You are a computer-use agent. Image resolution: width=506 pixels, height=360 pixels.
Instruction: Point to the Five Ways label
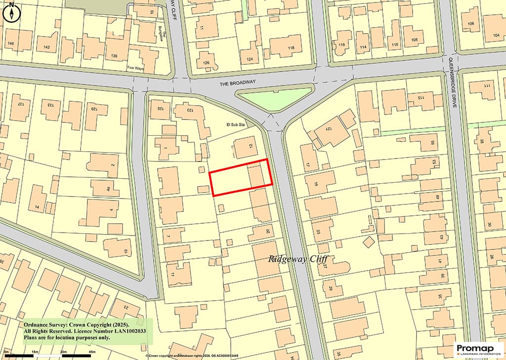(x=135, y=68)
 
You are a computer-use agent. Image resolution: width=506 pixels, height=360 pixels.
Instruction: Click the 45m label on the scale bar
(x=91, y=352)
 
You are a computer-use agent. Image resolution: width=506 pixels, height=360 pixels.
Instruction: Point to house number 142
(x=46, y=47)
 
